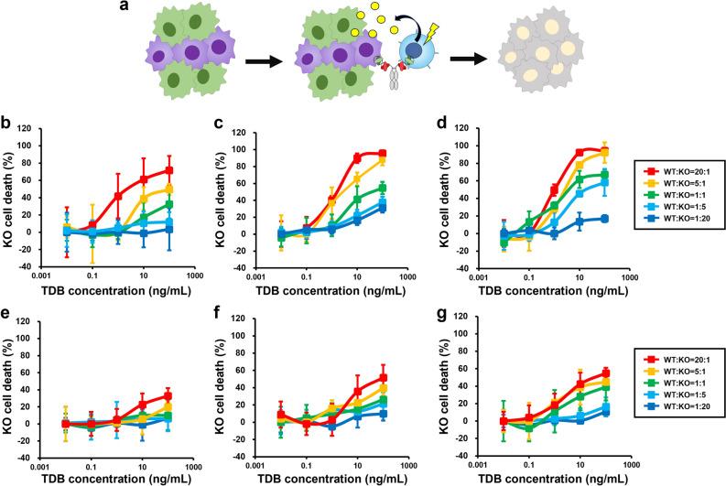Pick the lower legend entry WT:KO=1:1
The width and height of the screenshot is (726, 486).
[672, 400]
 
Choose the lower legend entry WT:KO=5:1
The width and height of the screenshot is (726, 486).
[672, 386]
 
